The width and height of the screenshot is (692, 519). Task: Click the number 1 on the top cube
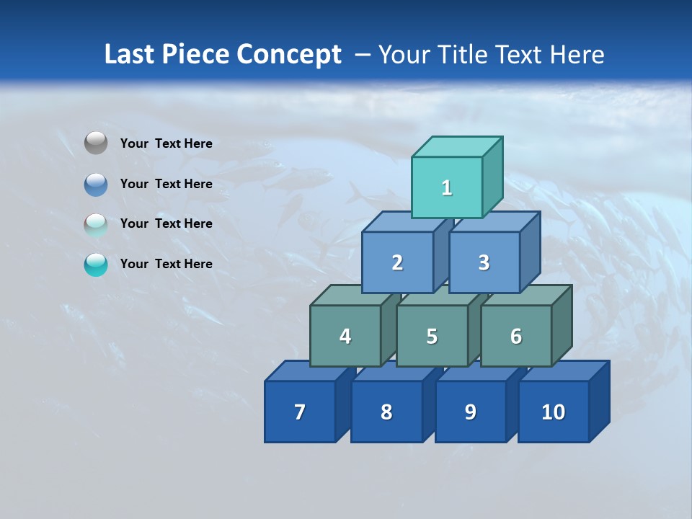click(447, 188)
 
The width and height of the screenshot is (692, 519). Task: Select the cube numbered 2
click(397, 263)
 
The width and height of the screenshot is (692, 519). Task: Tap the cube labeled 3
click(484, 263)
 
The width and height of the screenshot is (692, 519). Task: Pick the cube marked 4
click(345, 336)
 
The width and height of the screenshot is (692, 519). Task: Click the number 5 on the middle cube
click(432, 337)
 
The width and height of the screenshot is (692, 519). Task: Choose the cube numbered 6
click(516, 336)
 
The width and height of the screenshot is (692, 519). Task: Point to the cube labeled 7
click(300, 412)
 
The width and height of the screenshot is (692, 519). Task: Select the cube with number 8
click(386, 412)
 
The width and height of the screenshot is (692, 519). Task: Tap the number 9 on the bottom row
click(470, 412)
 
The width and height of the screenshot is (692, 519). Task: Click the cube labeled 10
click(553, 412)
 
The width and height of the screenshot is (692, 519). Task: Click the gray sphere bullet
click(96, 143)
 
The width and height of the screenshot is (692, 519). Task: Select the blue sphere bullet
click(96, 184)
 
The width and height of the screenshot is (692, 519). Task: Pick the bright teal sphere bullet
click(96, 265)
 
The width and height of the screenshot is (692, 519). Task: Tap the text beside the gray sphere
click(166, 143)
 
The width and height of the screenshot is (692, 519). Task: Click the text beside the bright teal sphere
click(166, 264)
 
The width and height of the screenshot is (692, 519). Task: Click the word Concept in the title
click(289, 55)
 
